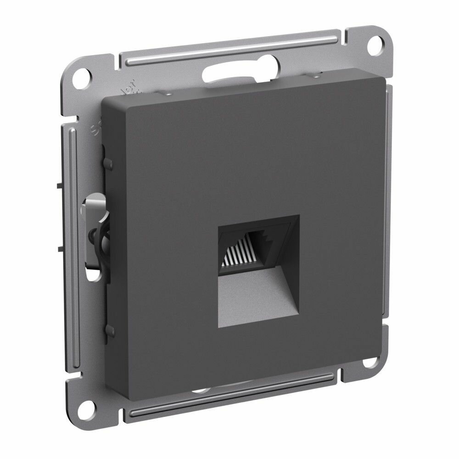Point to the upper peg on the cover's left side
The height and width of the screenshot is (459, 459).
(x=108, y=162)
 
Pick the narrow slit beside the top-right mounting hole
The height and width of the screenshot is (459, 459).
(x=356, y=39)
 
